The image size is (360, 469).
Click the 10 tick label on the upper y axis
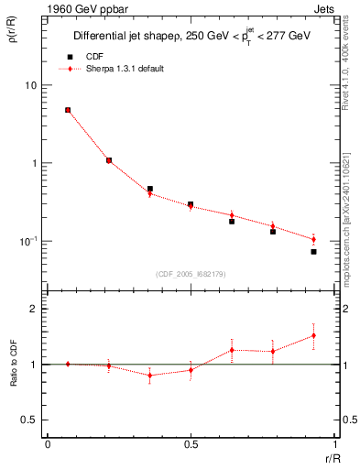point(30,85)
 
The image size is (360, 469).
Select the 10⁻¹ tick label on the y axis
point(28,241)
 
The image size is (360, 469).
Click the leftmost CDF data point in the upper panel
point(68,110)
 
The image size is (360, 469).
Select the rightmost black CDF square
point(313,251)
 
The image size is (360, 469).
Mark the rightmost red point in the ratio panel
point(313,335)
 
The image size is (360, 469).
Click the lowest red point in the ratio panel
point(149,375)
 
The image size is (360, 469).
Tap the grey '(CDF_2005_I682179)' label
point(190,272)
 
